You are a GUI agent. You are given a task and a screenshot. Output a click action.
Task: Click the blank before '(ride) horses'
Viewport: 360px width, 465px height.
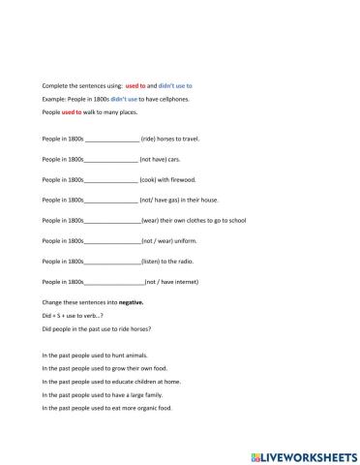pos(112,139)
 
